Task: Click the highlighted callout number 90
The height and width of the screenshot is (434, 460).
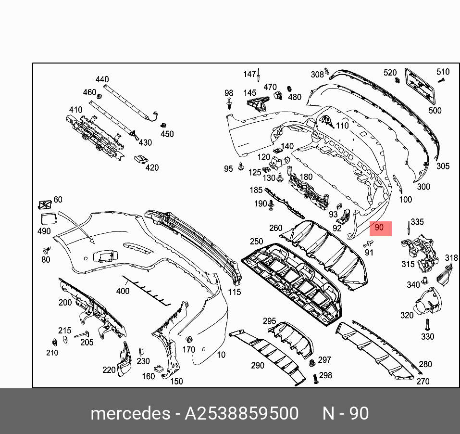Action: (379, 228)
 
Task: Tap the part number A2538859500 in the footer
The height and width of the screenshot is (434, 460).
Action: (242, 413)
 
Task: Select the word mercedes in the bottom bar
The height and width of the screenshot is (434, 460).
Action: (131, 413)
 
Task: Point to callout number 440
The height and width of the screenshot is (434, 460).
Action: (102, 79)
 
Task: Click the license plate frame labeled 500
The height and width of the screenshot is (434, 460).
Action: (420, 86)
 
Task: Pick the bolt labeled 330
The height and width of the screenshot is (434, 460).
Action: (427, 325)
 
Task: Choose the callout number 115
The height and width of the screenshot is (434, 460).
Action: (235, 292)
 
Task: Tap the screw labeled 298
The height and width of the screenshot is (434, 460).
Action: (315, 379)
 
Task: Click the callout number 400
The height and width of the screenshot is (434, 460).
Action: (123, 291)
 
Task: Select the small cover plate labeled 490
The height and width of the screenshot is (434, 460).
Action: (49, 219)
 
